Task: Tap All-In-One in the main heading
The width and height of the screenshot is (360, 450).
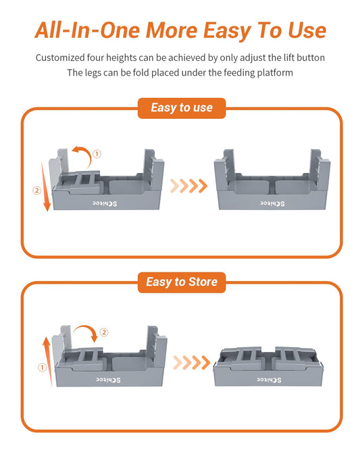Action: (x=83, y=30)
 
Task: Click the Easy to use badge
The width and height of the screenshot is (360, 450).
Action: (x=180, y=108)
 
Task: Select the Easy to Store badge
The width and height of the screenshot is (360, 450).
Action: (x=180, y=281)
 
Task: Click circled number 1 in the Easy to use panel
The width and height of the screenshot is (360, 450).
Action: (x=97, y=154)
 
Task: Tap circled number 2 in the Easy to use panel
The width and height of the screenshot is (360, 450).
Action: (x=36, y=190)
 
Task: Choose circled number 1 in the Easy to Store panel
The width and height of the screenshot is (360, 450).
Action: (x=41, y=367)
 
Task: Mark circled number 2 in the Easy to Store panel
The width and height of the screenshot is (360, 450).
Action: (x=104, y=332)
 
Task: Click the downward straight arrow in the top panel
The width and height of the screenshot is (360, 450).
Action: (x=47, y=186)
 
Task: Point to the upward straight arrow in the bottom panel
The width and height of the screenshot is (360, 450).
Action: (x=47, y=361)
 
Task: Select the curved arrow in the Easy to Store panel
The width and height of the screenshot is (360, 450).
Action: (x=86, y=332)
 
